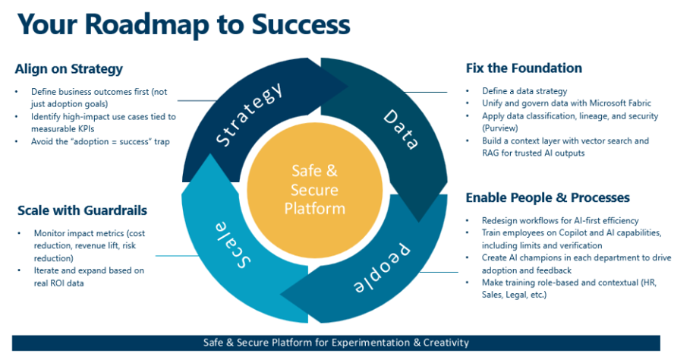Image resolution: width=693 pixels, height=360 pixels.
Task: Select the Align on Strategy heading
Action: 68,69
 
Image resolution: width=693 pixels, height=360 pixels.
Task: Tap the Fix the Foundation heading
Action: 524,68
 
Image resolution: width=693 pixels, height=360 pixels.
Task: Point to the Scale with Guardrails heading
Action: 81,210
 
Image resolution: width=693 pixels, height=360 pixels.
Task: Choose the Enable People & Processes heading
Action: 547,197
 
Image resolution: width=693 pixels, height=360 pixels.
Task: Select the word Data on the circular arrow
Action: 401,128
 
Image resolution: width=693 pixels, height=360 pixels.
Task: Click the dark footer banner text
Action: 336,343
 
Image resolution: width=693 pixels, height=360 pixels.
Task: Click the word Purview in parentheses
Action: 501,128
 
